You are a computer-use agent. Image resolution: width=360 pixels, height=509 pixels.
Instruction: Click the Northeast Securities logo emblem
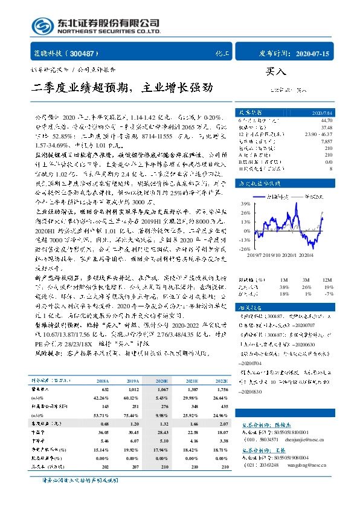(41, 26)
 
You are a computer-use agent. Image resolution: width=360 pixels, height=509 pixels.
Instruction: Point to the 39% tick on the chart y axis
(228, 203)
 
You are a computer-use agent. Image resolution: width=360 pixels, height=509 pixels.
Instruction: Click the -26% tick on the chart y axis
(227, 248)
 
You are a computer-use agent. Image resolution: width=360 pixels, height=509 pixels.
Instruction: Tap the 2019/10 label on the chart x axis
(263, 255)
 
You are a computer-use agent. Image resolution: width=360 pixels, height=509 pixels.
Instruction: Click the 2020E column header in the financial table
(160, 381)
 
